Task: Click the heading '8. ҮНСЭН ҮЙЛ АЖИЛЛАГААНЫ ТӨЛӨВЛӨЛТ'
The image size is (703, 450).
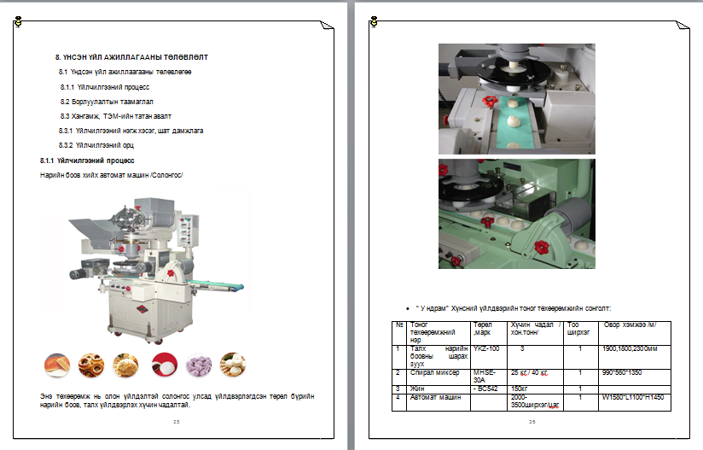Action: click(131, 56)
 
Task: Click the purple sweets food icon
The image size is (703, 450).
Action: click(198, 365)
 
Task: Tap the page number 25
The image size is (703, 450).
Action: click(176, 422)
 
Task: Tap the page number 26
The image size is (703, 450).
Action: click(532, 422)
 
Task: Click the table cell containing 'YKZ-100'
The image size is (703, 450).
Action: click(483, 348)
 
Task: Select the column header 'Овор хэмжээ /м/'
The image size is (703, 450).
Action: click(630, 324)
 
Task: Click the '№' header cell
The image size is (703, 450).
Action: click(399, 324)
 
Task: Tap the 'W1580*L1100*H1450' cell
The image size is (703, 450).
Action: click(632, 397)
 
